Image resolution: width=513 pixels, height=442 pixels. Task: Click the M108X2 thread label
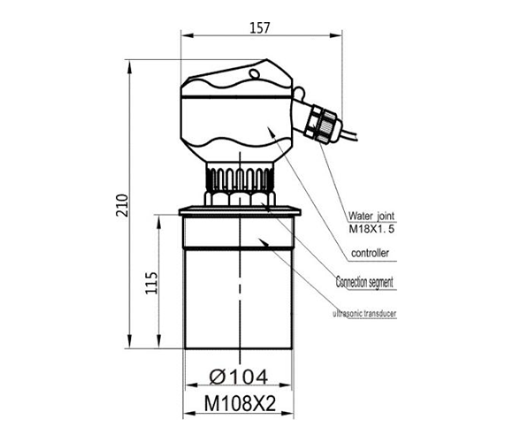point(238,404)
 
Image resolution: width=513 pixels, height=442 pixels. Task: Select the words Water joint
point(371,216)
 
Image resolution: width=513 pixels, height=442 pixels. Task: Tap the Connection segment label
point(364,283)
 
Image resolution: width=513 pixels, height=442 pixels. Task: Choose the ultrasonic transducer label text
point(364,314)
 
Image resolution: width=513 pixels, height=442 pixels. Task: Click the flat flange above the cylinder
point(238,210)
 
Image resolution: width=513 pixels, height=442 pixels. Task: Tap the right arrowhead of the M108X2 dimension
point(294,416)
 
